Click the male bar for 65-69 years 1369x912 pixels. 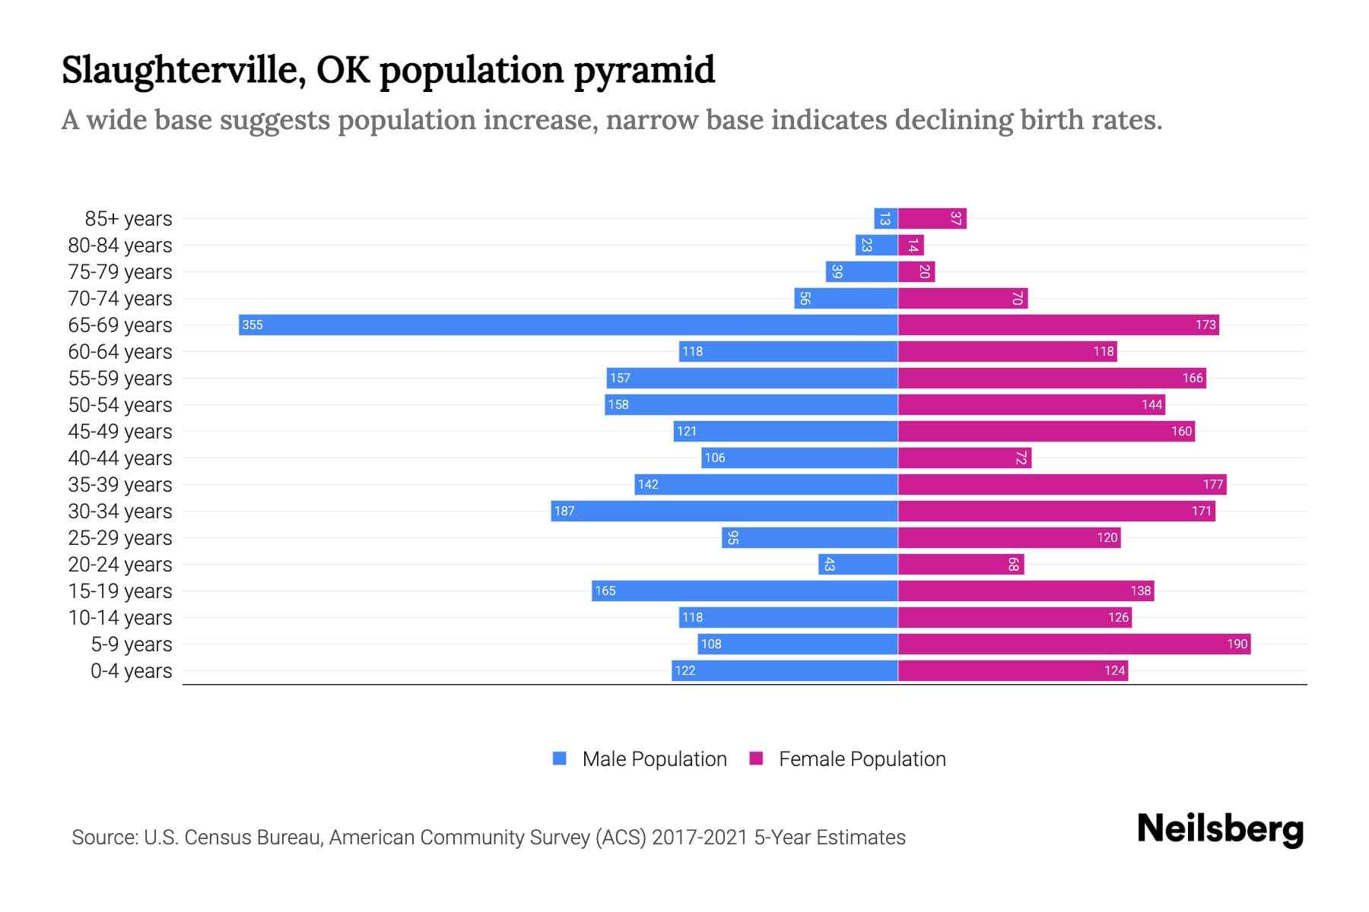568,325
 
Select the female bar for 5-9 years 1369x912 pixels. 1074,644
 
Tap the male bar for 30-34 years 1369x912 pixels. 724,511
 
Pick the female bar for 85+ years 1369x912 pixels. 932,219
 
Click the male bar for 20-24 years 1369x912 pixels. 858,564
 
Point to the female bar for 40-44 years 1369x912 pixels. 964,458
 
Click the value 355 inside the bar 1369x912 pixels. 252,325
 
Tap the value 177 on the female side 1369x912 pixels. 1212,484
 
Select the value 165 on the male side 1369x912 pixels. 605,591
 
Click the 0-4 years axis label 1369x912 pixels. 131,671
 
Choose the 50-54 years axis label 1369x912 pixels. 120,405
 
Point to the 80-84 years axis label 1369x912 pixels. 120,245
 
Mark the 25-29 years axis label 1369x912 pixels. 120,538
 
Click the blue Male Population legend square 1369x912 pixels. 560,758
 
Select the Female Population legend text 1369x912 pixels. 862,759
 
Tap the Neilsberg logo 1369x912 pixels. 1220,829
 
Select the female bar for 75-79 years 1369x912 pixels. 916,272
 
